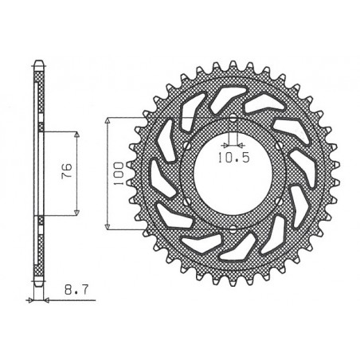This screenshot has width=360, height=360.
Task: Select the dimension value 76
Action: click(x=68, y=171)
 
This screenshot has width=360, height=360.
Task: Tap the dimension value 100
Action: click(x=115, y=171)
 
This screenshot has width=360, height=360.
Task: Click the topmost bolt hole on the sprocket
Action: click(x=231, y=120)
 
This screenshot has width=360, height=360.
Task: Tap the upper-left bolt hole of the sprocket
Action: click(x=186, y=147)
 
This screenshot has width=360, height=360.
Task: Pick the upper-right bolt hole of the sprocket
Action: click(x=276, y=147)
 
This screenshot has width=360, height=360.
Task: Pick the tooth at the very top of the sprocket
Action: click(x=231, y=57)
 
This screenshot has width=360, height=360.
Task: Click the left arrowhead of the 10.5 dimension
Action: click(x=226, y=147)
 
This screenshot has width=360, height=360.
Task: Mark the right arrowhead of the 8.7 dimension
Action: click(x=45, y=300)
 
